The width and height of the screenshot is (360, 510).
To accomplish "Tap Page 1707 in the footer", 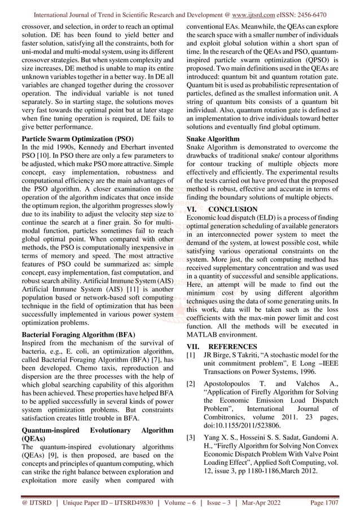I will click(329, 502).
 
